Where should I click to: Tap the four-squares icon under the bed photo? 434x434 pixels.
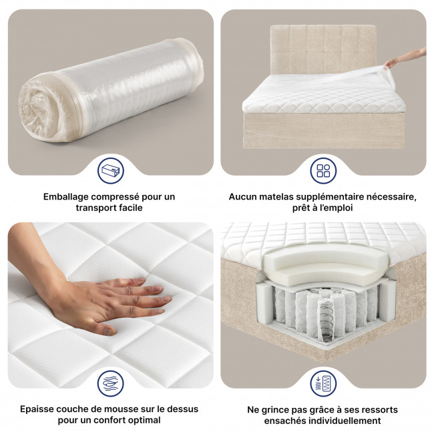tap(323, 171)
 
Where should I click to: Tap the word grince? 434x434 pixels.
tap(270, 409)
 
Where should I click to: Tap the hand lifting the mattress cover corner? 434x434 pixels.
tap(404, 61)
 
